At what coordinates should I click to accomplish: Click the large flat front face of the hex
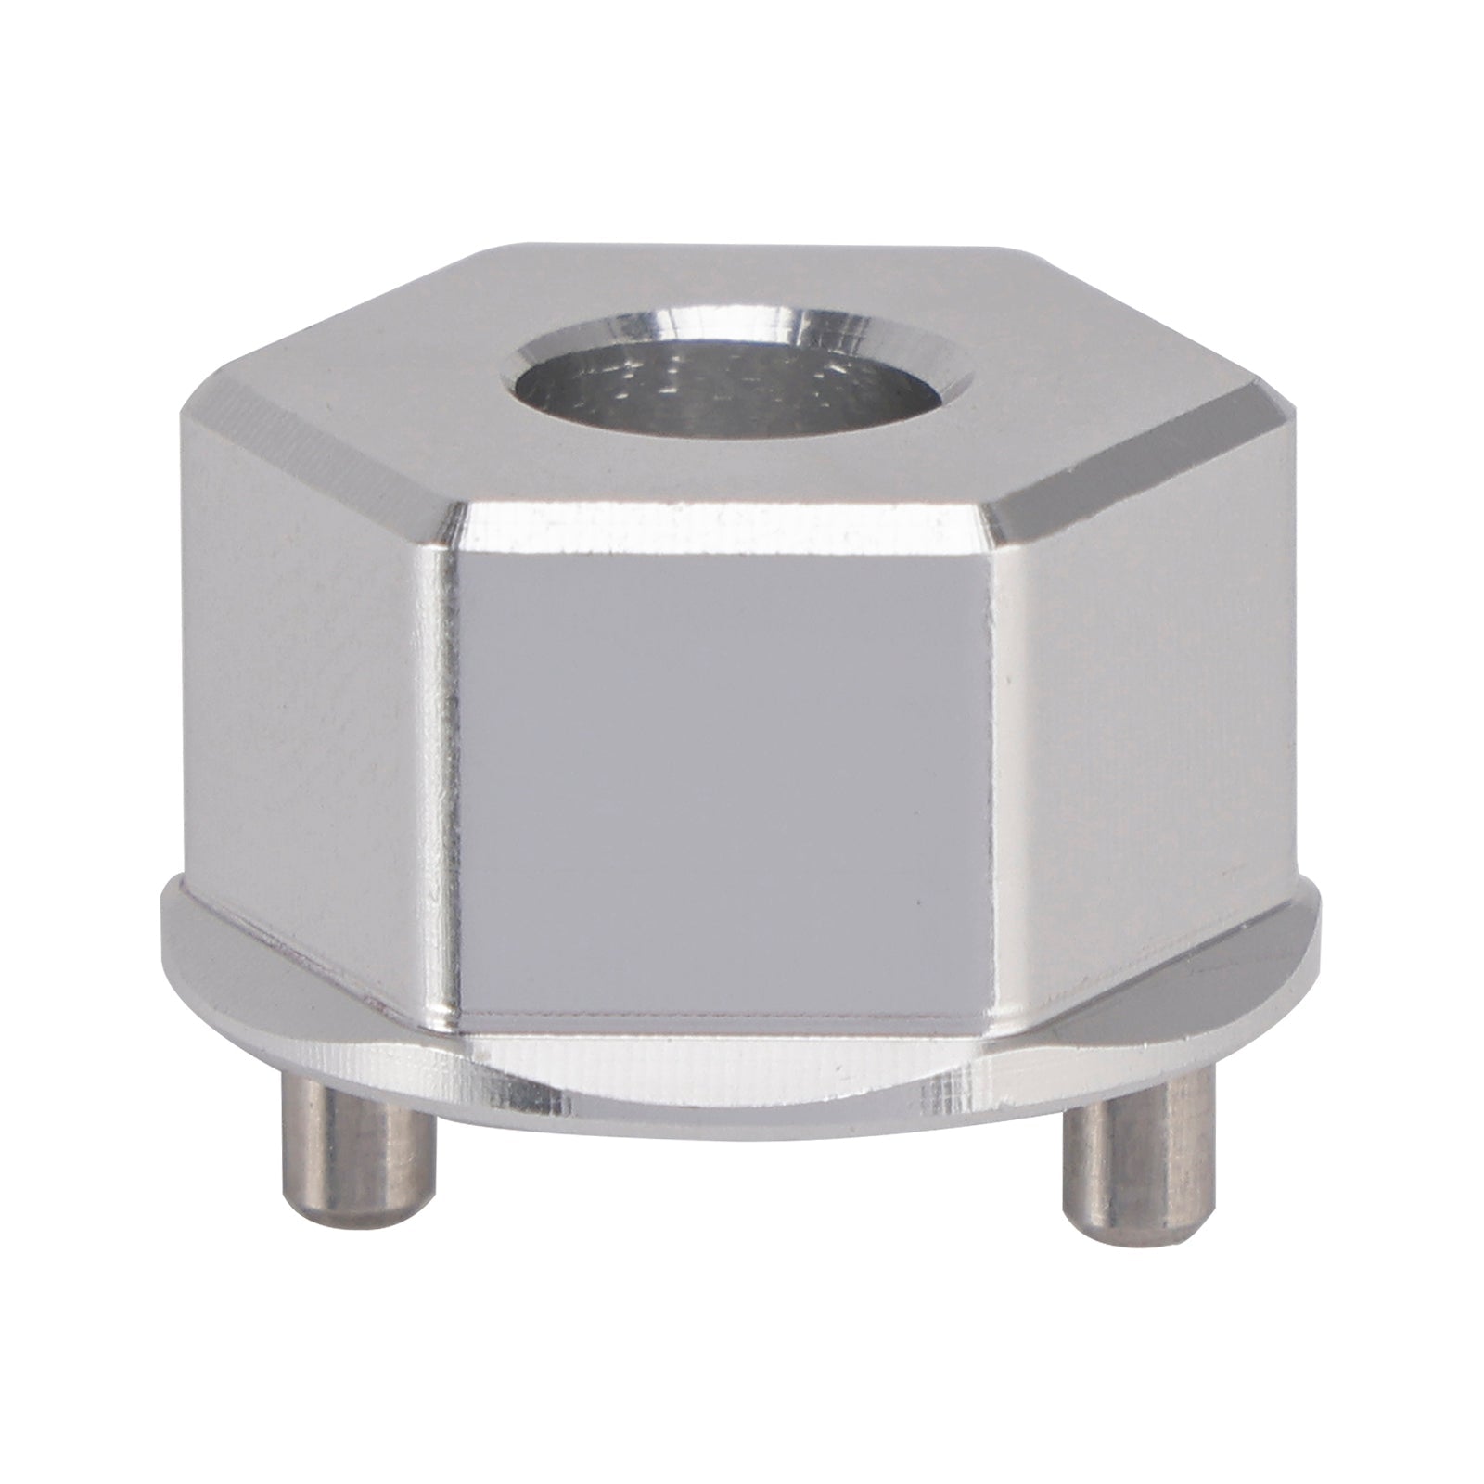[733, 779]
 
